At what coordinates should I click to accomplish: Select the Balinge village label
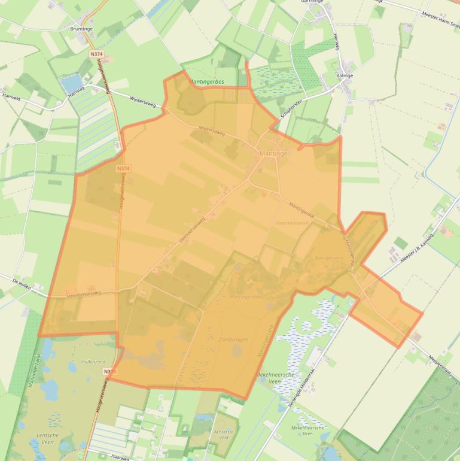[345, 76]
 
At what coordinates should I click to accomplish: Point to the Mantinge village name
[273, 154]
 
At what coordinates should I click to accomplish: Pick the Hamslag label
[77, 88]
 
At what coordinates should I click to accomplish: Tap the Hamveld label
[11, 95]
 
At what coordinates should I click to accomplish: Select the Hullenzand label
[93, 362]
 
